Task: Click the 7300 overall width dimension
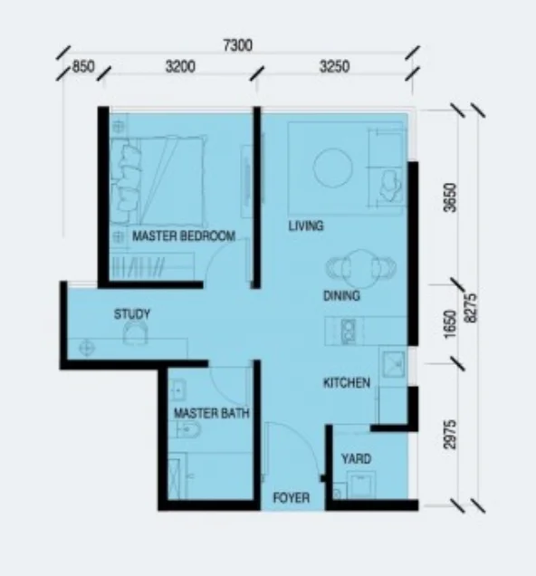point(238,45)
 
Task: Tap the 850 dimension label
point(83,67)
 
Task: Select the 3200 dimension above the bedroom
point(180,67)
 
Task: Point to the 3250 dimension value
point(334,67)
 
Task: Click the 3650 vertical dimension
point(450,197)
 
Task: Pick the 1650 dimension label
point(450,325)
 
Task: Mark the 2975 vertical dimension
point(450,434)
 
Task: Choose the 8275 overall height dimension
point(470,308)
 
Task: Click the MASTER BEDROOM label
point(184,235)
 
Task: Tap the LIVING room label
point(306,226)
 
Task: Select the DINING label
point(341,296)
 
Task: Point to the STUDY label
point(132,314)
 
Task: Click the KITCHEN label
point(347,383)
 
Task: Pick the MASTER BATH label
point(212,414)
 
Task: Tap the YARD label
point(356,459)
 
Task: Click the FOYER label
point(292,498)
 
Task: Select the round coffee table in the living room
point(332,168)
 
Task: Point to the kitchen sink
point(394,364)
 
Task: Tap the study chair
point(135,332)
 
